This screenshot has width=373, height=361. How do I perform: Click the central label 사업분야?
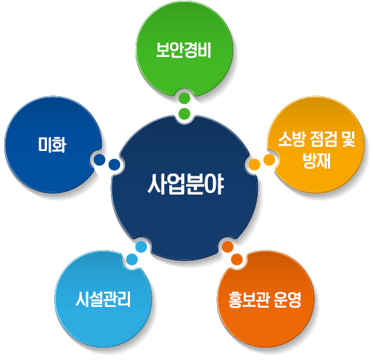185,184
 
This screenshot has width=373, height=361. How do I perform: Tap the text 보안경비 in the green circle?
183,50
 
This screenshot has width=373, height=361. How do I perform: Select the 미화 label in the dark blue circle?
52,145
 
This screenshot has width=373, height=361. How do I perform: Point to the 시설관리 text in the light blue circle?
103,299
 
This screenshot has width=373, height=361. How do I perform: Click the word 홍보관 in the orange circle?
249,300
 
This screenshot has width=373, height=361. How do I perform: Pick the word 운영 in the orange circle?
287,300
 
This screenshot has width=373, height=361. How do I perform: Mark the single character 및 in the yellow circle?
348,139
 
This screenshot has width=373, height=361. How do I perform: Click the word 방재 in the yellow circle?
317,161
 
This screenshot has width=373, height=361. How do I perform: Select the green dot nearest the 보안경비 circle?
185,98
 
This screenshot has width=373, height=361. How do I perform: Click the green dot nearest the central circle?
185,114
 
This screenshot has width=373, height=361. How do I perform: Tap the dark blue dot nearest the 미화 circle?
100,159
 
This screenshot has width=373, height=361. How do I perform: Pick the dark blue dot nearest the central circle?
114,164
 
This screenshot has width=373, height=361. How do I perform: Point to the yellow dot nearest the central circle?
254,164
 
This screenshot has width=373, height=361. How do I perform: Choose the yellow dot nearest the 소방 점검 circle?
269,159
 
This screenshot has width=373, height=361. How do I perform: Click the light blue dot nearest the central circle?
141,247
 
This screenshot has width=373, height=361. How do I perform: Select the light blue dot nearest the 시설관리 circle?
132,259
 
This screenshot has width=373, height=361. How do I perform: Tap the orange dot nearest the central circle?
228,247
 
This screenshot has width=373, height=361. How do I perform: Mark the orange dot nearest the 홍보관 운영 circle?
237,259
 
